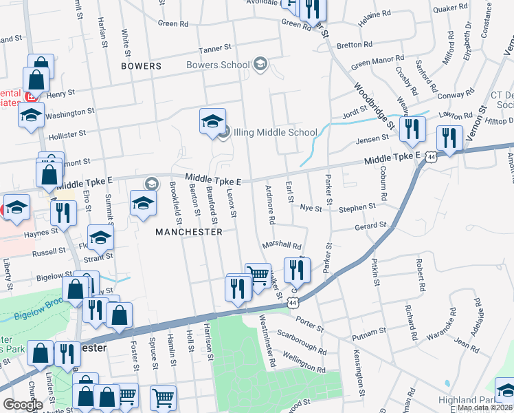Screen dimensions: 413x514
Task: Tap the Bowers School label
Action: [x=218, y=65]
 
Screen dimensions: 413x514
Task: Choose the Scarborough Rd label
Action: [x=301, y=341]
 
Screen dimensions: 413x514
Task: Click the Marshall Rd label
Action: [x=282, y=245]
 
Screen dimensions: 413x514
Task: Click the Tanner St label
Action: [x=215, y=49]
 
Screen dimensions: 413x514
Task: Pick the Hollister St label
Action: [x=67, y=134]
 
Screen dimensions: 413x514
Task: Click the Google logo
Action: [x=23, y=405]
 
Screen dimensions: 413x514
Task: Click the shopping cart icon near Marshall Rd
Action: [x=258, y=275]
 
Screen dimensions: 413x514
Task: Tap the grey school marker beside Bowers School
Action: [x=260, y=65]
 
